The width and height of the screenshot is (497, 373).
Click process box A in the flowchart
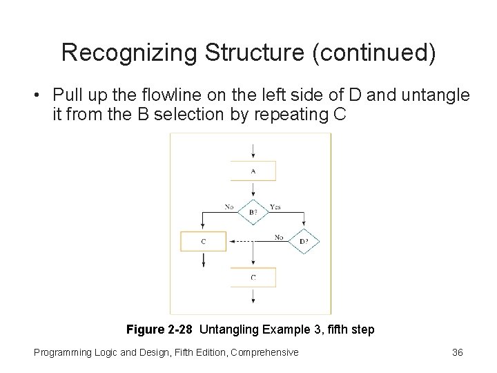click(253, 171)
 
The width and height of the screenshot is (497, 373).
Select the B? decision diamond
click(253, 211)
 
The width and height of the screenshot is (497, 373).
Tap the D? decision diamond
click(304, 241)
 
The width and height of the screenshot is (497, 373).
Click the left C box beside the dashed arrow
click(203, 241)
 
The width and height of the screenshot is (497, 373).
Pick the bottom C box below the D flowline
click(253, 277)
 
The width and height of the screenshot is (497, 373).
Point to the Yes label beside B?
click(275, 206)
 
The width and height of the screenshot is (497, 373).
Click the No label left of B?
click(229, 206)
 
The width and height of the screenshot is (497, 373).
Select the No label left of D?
click(279, 236)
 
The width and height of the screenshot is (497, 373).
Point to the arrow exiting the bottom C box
click(253, 295)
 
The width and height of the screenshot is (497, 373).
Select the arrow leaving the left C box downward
click(203, 259)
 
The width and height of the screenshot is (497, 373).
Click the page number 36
click(457, 352)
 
